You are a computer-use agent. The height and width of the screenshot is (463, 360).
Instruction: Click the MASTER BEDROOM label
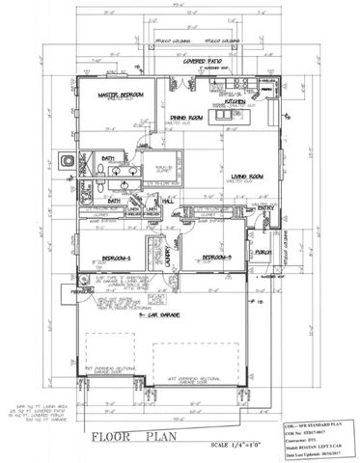[x=125, y=95]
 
